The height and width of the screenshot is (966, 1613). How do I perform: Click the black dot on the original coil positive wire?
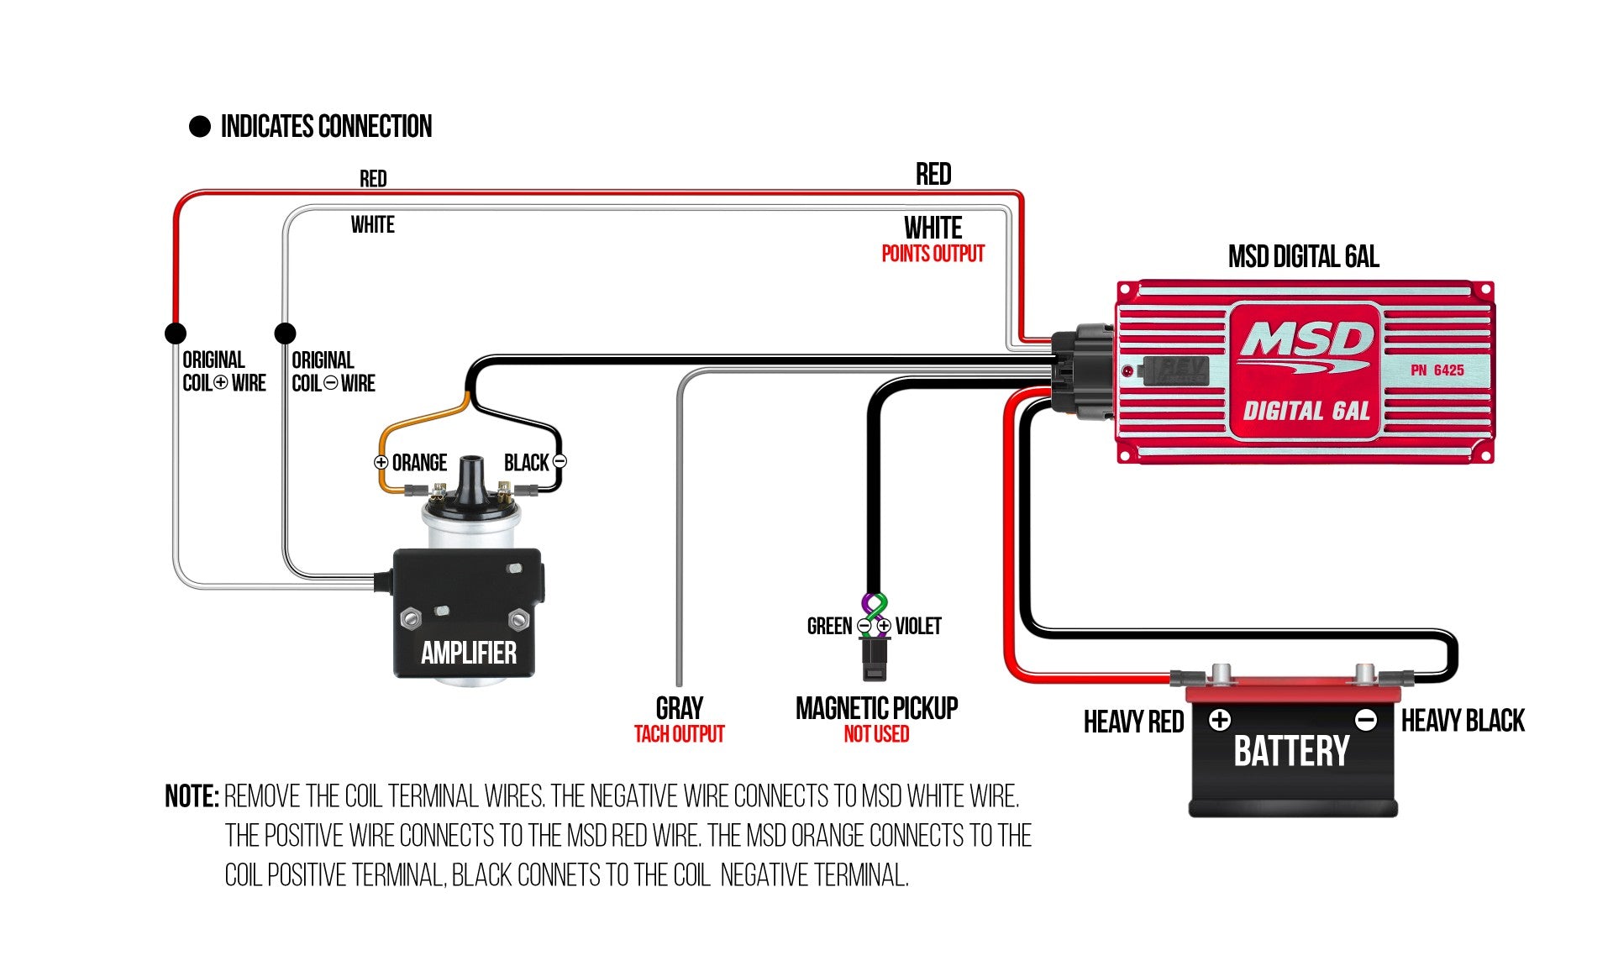(175, 333)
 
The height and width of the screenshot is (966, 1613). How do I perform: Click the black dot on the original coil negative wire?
(285, 333)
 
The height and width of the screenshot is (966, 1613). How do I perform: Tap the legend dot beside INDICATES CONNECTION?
(200, 127)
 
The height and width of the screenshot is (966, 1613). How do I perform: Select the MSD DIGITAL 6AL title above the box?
(1303, 257)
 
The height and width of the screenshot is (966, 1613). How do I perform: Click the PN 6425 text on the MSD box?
(1437, 370)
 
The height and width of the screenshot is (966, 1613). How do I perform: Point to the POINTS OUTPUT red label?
(933, 254)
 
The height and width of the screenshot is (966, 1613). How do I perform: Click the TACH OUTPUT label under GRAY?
(679, 734)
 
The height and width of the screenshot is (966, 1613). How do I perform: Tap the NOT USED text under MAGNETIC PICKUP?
(876, 734)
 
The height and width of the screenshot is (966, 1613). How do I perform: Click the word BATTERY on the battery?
(1291, 751)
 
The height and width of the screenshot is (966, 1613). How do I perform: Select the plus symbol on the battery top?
(1220, 720)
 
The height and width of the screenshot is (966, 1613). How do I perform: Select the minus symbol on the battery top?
(1366, 720)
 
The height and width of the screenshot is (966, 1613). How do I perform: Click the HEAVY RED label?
(1133, 722)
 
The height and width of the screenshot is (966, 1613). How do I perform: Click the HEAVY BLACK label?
(1463, 721)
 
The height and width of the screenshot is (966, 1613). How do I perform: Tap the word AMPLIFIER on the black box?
(468, 653)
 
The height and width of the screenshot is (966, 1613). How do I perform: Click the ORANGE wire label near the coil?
(419, 463)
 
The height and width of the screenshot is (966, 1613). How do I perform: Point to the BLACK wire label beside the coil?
(526, 463)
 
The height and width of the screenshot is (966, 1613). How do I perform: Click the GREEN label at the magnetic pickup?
(829, 626)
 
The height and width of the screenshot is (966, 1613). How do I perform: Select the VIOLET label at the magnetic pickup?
(918, 626)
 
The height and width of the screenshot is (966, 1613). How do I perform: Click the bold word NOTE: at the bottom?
(192, 796)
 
